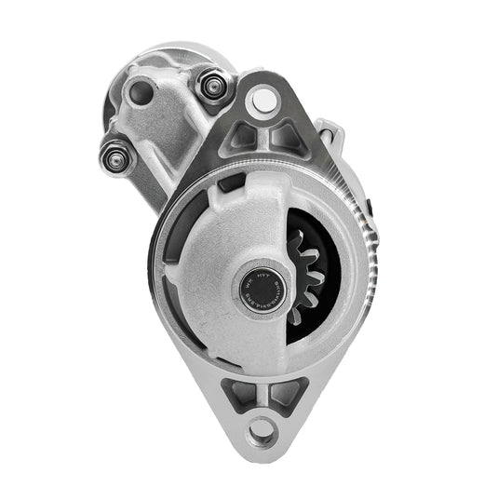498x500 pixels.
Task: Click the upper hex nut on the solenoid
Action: click(x=210, y=87)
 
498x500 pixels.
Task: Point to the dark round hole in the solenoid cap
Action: click(x=141, y=92)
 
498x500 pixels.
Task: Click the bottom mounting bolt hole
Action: click(x=263, y=429)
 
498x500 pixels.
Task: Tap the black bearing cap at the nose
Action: click(x=257, y=288)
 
